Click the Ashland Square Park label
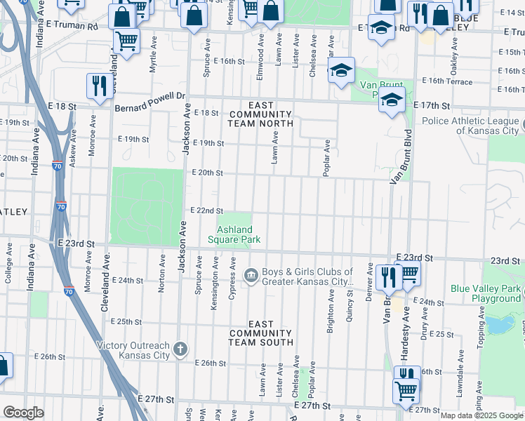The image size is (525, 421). [234, 234]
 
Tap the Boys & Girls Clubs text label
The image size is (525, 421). [307, 277]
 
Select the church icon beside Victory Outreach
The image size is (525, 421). [180, 349]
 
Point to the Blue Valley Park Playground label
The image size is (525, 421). [486, 293]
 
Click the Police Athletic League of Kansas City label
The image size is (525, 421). [471, 126]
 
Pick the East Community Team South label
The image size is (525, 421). [260, 333]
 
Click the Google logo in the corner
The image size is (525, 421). [24, 413]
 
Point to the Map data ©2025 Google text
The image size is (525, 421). [481, 415]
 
